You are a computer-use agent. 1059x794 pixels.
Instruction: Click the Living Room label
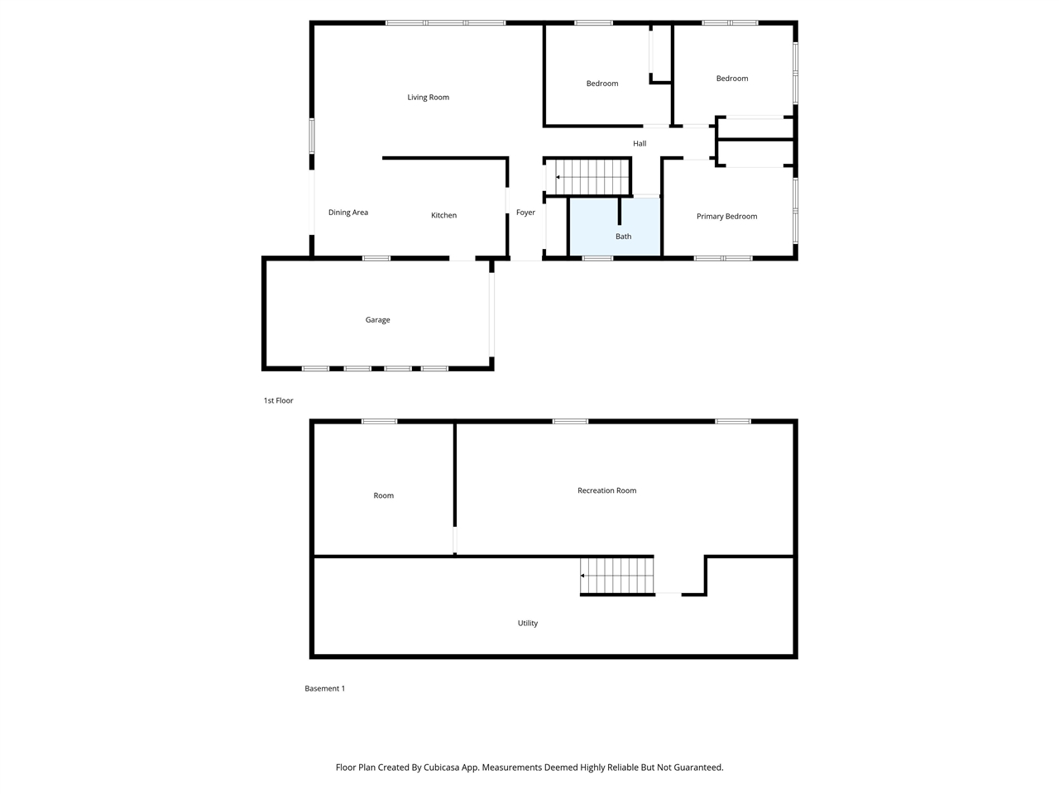point(428,98)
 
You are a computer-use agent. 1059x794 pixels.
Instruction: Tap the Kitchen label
point(443,216)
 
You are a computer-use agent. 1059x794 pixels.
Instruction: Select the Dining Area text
point(347,213)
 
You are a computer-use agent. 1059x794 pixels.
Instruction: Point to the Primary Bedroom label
point(726,217)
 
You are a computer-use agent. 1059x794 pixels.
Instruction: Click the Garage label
point(377,320)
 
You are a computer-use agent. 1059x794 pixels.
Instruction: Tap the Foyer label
point(525,213)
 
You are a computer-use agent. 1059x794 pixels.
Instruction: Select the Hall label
point(640,144)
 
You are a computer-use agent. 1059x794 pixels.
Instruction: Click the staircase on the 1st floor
point(592,177)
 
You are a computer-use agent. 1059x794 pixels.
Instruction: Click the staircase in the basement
point(617,576)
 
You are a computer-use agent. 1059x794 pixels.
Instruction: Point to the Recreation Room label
point(606,490)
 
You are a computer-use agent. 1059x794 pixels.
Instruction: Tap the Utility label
point(527,624)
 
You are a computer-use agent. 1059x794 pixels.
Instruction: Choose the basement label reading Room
point(383,496)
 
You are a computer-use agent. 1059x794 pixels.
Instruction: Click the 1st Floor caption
point(278,401)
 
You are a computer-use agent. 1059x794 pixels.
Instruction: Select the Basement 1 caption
point(324,689)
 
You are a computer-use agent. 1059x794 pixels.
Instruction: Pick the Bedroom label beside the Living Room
point(601,84)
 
